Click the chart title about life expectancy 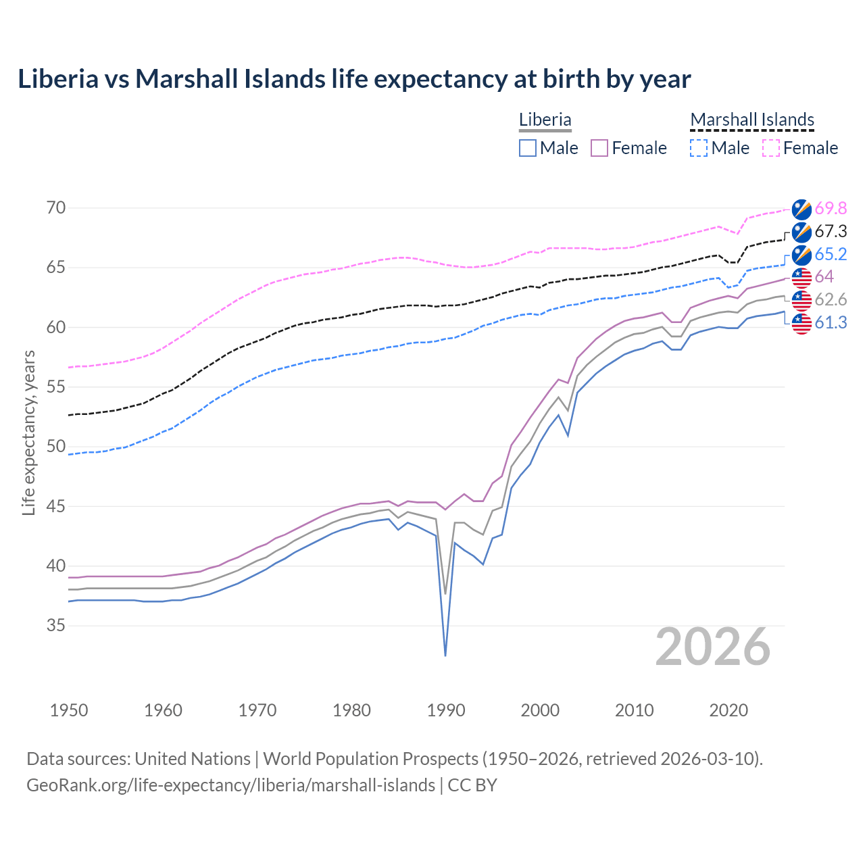click(354, 79)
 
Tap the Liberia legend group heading click(545, 120)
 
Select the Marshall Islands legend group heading click(751, 120)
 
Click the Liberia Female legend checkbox click(599, 148)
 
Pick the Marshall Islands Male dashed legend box click(699, 148)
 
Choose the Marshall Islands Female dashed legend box click(771, 148)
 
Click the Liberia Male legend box click(528, 148)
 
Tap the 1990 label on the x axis click(446, 710)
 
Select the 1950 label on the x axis click(69, 710)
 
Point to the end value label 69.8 click(831, 208)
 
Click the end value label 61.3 click(831, 323)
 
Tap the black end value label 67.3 click(831, 231)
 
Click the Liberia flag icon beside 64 click(801, 277)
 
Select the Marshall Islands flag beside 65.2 click(801, 254)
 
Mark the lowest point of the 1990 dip click(445, 656)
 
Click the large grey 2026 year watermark click(713, 647)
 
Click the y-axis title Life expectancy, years click(29, 432)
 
